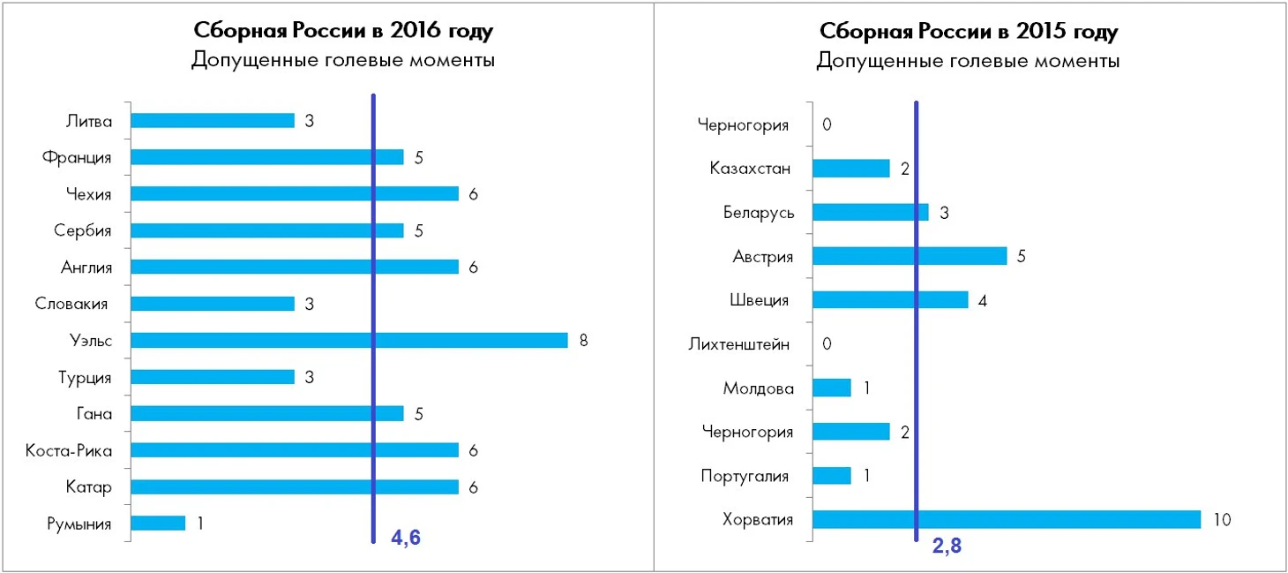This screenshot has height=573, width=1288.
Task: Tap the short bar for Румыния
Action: pos(158,524)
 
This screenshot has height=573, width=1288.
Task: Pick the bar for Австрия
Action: pos(909,256)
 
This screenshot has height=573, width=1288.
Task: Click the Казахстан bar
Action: pos(850,168)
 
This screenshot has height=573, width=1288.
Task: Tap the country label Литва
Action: pos(89,121)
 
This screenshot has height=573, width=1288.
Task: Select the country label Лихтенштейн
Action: pos(738,343)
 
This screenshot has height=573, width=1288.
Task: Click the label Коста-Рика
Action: pos(70,451)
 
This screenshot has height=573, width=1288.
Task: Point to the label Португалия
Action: pos(745,476)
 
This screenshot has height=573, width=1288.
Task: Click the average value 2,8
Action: pos(947,547)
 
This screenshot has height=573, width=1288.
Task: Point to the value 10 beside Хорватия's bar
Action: pos(1222,520)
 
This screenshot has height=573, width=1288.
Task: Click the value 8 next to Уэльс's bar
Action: pos(583,341)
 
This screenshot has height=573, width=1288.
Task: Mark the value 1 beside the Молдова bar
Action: pos(867,388)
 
